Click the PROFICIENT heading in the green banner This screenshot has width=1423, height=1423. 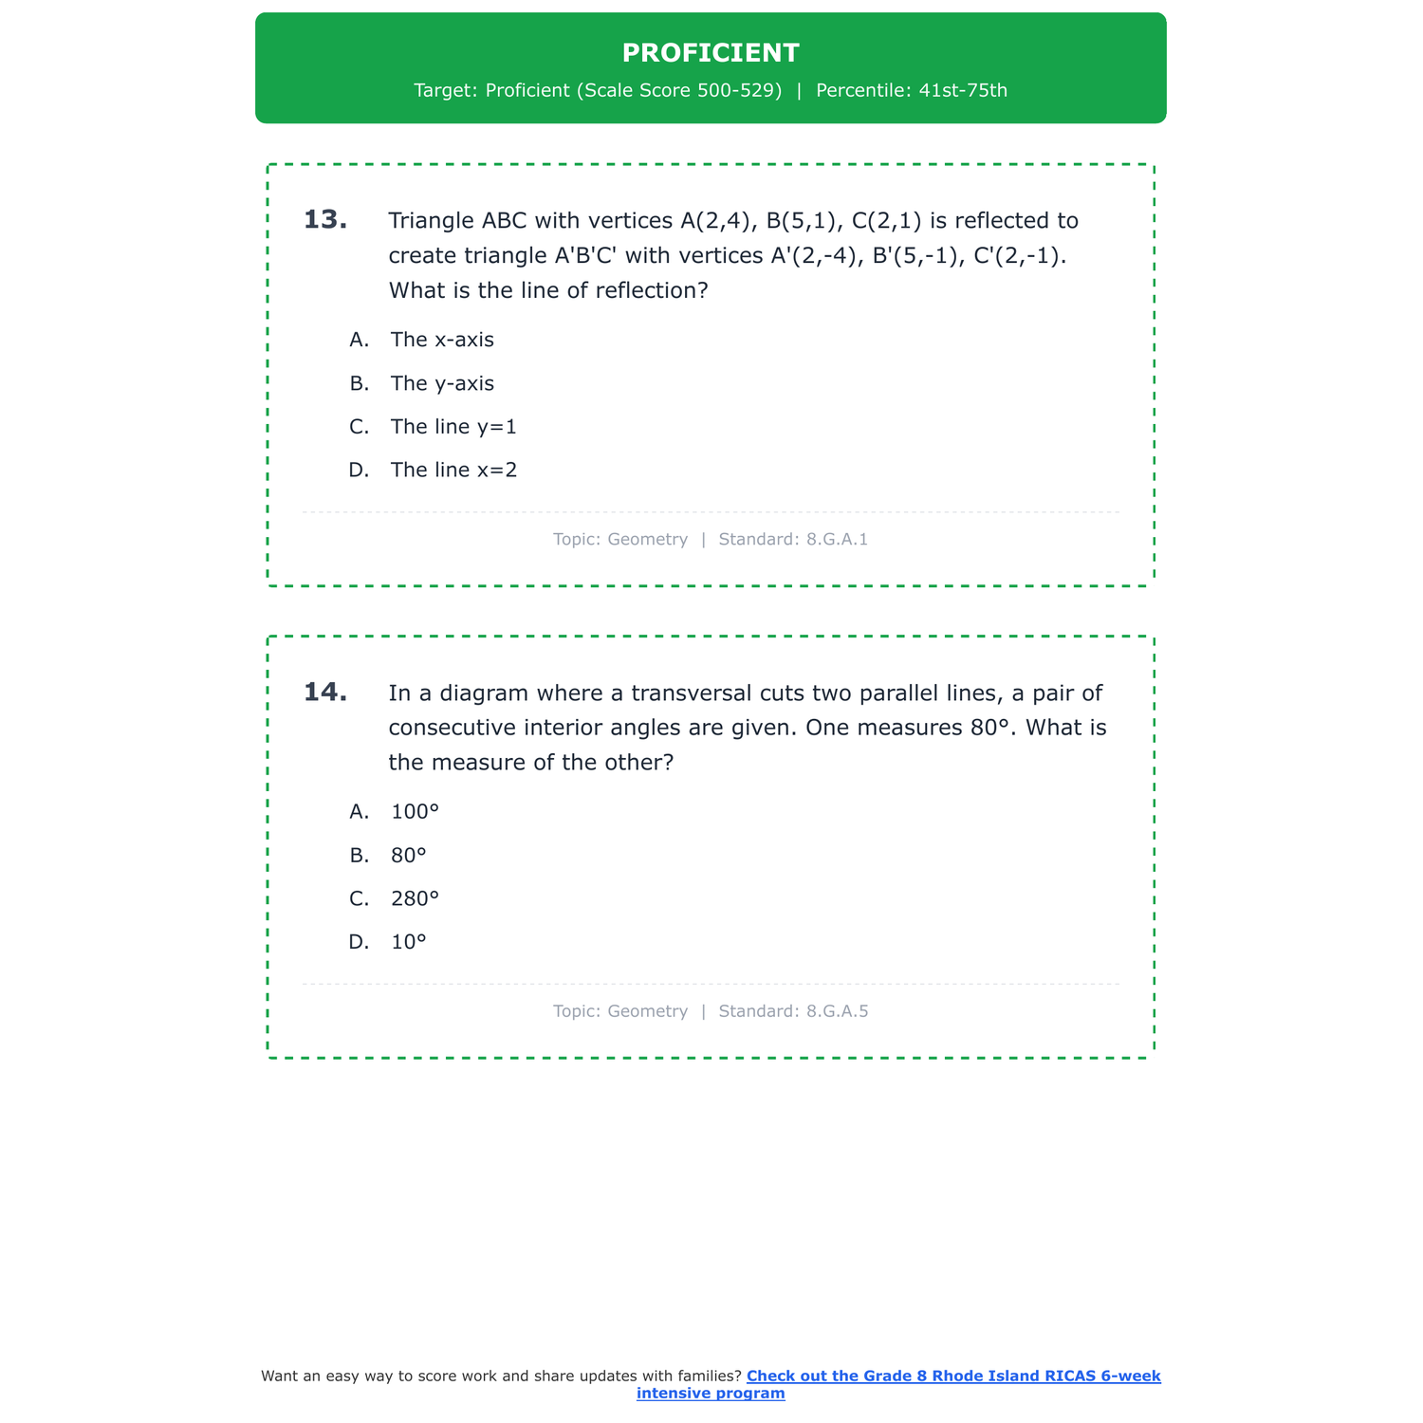tap(711, 53)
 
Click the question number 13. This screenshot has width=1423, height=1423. tap(325, 220)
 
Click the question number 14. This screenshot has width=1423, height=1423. tap(325, 693)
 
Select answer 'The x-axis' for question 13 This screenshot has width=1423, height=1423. tap(442, 340)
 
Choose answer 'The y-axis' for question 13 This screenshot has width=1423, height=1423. tap(442, 383)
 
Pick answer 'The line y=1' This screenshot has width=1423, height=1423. tap(453, 427)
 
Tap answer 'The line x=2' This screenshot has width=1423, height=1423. tap(453, 471)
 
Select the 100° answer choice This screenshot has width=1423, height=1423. tap(415, 812)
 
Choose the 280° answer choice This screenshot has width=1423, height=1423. tap(415, 899)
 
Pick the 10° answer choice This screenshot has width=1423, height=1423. tap(409, 943)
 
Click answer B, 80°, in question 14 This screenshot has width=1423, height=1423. tap(409, 856)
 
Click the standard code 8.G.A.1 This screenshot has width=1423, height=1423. tap(837, 540)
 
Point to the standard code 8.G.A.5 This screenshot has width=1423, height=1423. tap(837, 1011)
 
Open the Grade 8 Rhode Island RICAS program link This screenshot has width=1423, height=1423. tap(953, 1377)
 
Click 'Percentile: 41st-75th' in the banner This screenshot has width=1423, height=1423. tap(911, 91)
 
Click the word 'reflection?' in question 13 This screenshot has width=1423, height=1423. tap(652, 291)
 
